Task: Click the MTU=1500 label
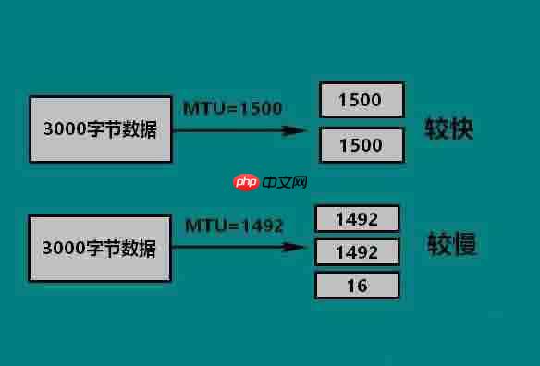click(232, 107)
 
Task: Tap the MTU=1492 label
click(234, 225)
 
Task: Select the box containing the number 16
click(357, 286)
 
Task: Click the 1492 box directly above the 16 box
click(357, 252)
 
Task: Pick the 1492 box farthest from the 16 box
click(357, 219)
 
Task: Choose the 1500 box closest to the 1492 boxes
click(361, 145)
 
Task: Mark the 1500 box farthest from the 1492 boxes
click(361, 100)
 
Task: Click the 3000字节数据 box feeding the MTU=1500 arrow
click(100, 129)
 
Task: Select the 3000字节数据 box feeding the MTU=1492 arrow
click(100, 249)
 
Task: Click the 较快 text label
click(449, 128)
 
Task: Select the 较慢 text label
click(450, 245)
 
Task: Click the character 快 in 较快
click(462, 128)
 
